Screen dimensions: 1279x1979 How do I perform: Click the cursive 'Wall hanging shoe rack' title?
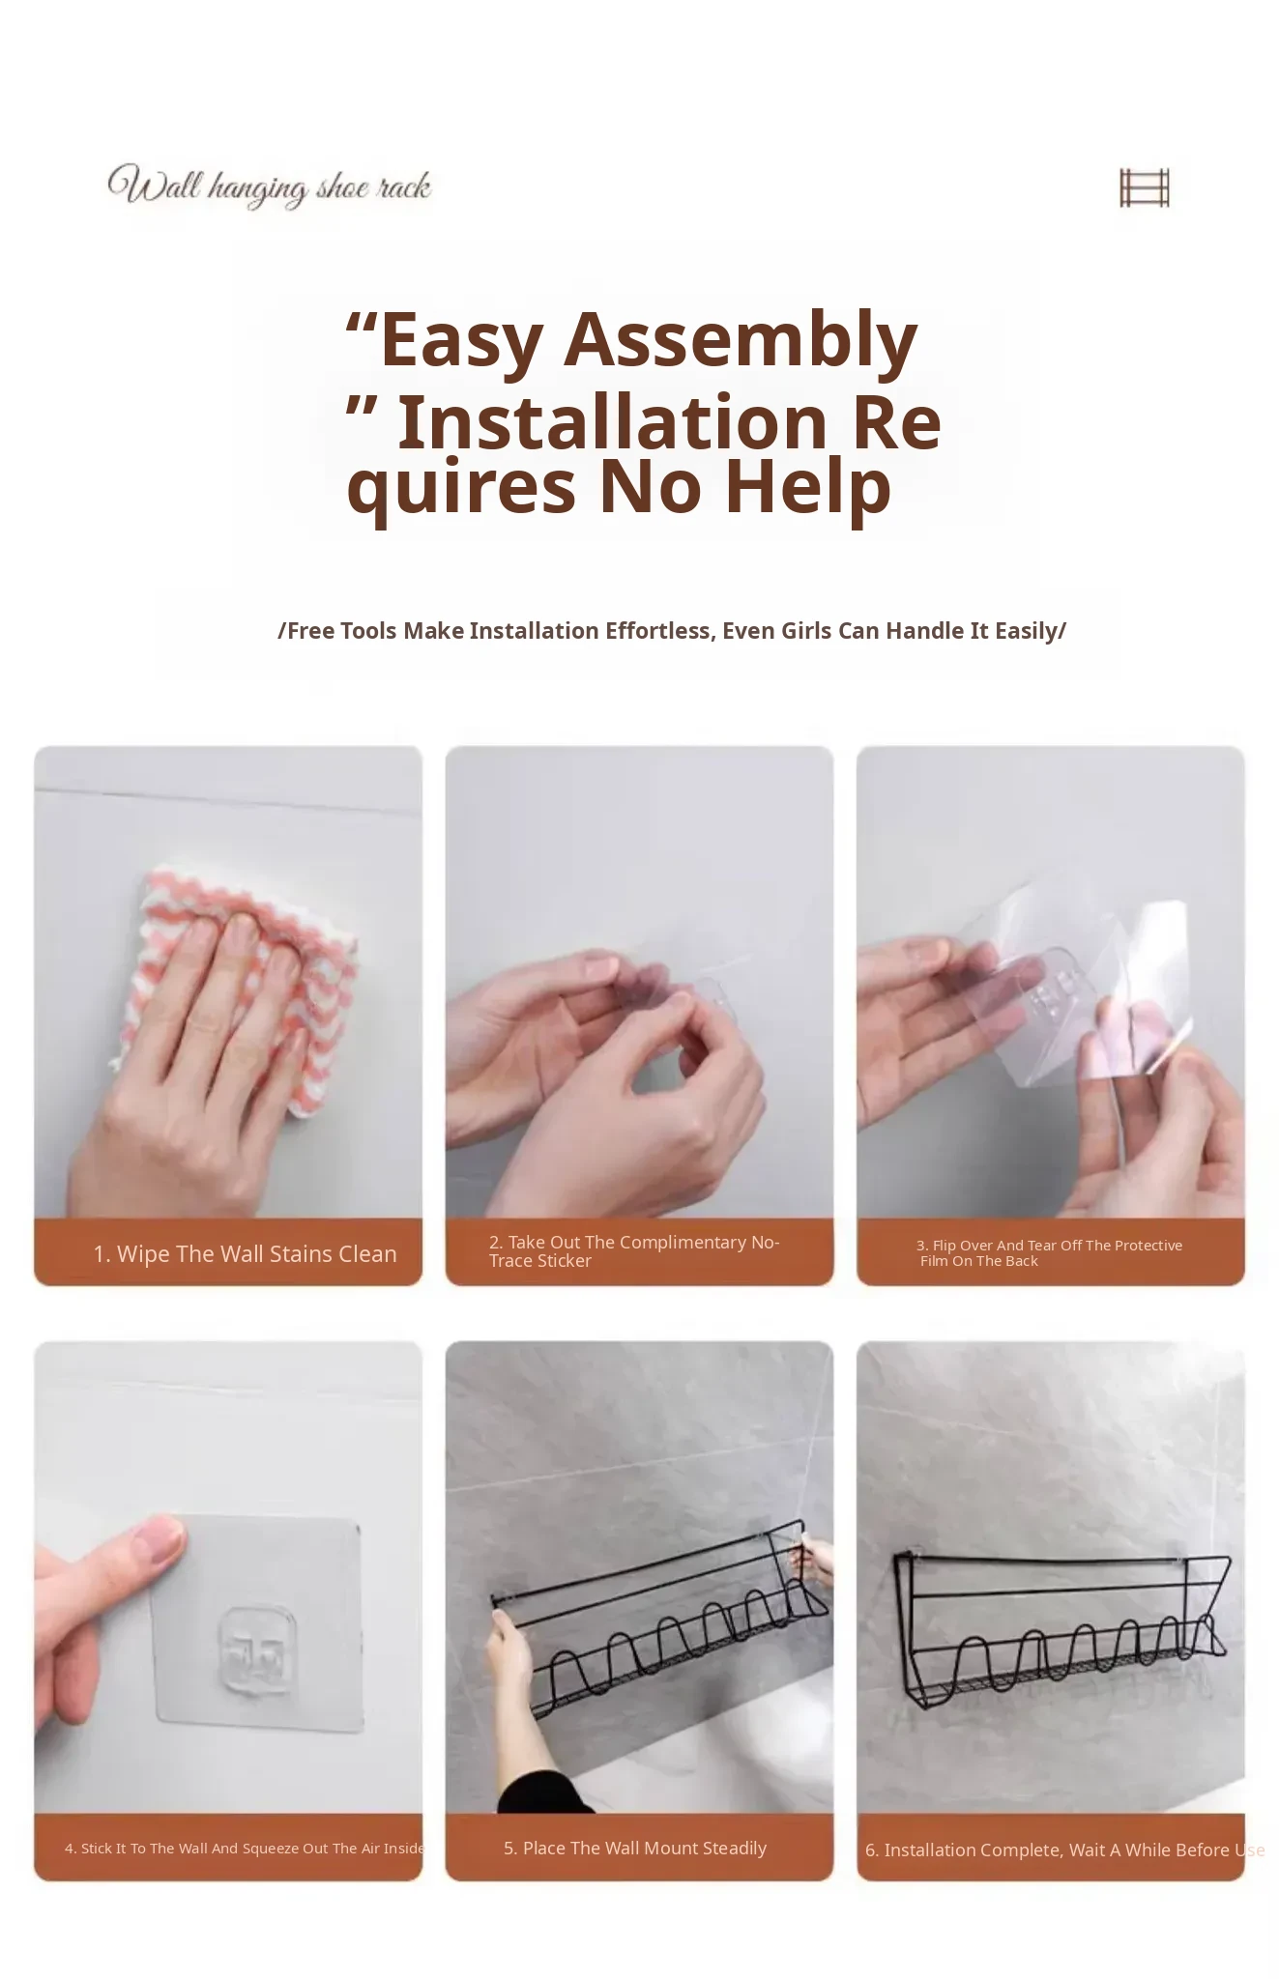click(x=270, y=186)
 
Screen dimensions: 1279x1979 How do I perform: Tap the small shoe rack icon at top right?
click(x=1145, y=187)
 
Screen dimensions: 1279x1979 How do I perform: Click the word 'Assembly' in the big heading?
click(x=741, y=340)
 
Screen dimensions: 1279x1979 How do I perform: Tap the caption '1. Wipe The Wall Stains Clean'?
click(x=246, y=1253)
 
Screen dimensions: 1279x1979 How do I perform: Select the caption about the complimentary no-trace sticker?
click(x=634, y=1251)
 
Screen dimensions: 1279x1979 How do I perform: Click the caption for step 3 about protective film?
click(x=1050, y=1252)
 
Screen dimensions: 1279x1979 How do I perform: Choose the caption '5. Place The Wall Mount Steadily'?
click(x=635, y=1848)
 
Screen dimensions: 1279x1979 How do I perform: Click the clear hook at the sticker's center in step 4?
click(x=255, y=1649)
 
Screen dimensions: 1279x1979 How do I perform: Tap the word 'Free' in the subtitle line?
click(x=310, y=631)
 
